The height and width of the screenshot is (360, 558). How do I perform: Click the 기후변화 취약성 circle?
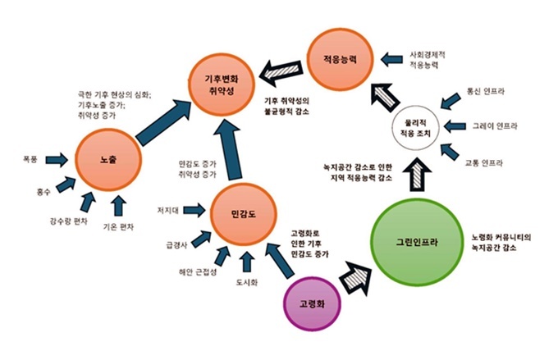(222, 84)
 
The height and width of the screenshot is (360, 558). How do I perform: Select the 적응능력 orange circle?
(340, 59)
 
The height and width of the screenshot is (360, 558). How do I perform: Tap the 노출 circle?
(108, 161)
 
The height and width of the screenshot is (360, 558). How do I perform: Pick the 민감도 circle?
(243, 214)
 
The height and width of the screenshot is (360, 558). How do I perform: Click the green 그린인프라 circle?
(417, 242)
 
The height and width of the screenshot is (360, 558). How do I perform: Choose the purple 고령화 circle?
(312, 304)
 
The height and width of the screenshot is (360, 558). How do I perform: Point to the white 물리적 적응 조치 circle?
(415, 128)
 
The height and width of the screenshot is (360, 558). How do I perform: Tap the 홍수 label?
(43, 192)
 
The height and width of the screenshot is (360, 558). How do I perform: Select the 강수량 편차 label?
(69, 221)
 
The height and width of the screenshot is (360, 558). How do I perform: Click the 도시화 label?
(247, 282)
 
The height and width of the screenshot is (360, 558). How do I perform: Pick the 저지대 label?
(168, 211)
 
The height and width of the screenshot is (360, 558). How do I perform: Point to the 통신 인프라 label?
(486, 91)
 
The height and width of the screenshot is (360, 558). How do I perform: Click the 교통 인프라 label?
(483, 163)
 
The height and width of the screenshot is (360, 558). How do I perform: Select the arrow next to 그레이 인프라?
(455, 126)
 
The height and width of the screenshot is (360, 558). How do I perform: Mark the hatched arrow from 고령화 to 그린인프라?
(355, 277)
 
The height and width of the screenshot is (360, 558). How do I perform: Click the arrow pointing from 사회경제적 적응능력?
(391, 59)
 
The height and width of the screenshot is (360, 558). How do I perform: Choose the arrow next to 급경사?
(201, 239)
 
